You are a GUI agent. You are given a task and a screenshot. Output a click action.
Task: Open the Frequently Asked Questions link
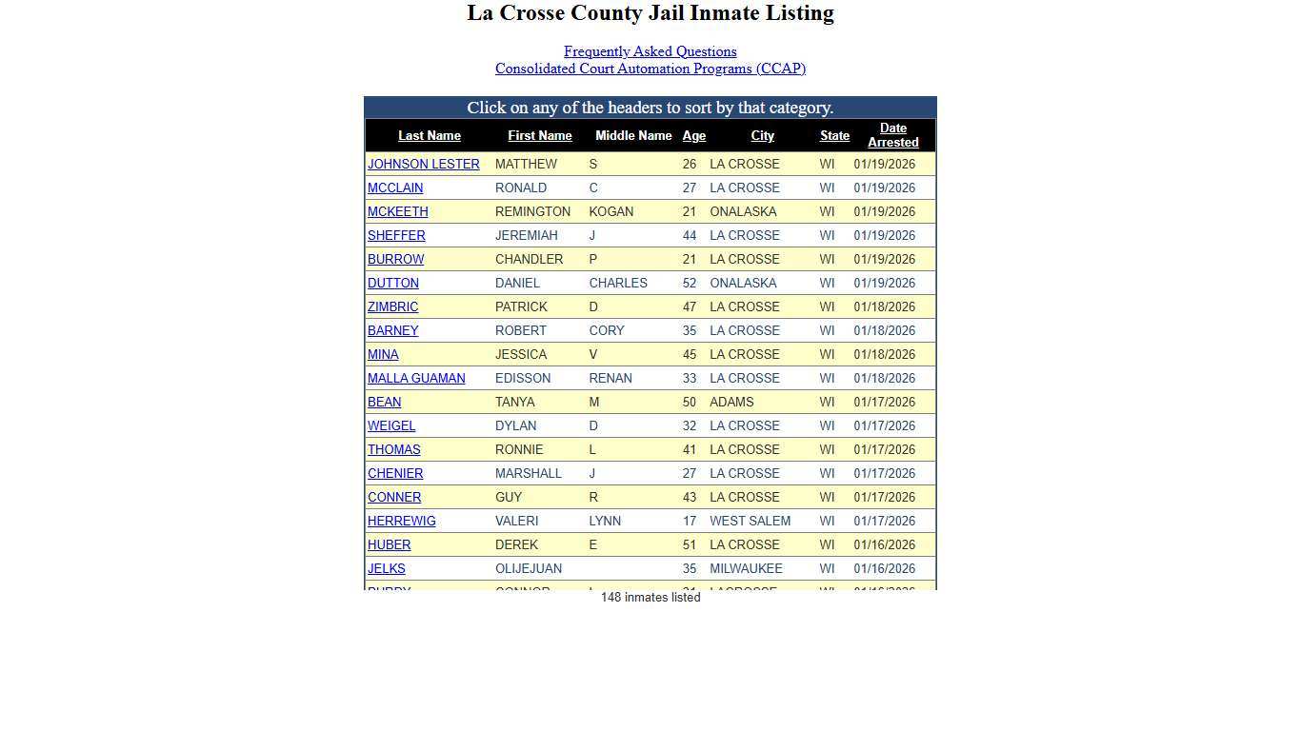[650, 51]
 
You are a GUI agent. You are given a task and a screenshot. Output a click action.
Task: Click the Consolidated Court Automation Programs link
[650, 69]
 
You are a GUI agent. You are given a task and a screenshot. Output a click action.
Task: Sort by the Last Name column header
[429, 136]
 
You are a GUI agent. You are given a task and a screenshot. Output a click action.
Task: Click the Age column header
[693, 136]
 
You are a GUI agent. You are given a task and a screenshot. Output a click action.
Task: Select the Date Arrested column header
[892, 135]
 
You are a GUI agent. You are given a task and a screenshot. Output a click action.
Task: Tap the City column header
[762, 136]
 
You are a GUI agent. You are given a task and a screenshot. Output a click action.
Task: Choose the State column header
[834, 136]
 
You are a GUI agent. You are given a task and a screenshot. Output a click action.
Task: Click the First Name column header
[539, 136]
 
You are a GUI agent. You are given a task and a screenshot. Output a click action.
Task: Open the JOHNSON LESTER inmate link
[423, 165]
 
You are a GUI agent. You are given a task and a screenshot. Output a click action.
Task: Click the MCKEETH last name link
[397, 212]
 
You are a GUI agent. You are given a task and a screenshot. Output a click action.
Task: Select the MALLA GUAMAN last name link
[416, 379]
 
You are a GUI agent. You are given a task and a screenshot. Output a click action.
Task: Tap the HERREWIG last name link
[401, 522]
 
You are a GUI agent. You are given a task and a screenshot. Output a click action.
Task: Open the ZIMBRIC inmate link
[392, 307]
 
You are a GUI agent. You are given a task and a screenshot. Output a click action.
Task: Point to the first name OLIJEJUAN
[528, 569]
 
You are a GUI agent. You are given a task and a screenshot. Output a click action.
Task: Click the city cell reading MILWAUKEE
[746, 569]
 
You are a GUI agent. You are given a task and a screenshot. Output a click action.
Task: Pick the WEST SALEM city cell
[750, 522]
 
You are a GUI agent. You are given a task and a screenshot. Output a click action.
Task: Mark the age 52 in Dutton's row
[689, 284]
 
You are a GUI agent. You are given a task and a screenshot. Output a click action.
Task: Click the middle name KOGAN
[610, 212]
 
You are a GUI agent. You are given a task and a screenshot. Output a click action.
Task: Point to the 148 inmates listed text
[650, 598]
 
